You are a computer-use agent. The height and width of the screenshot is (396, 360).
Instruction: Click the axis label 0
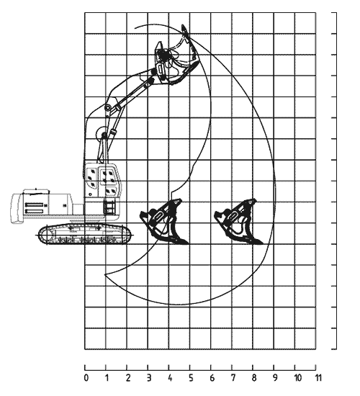(86, 378)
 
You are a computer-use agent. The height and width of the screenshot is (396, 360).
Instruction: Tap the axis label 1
(107, 378)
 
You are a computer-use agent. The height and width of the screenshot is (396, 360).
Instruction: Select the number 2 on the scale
(128, 378)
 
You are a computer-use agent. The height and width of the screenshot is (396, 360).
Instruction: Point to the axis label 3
(149, 378)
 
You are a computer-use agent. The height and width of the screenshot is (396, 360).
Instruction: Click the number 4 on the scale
(170, 378)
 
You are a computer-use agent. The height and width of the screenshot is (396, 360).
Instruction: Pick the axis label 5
(192, 378)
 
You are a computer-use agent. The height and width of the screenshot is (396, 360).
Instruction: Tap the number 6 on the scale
(212, 378)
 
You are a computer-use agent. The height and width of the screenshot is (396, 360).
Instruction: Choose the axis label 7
(233, 378)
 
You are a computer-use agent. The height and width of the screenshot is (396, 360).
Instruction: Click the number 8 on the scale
(254, 378)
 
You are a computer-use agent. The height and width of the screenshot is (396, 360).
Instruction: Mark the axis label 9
(275, 378)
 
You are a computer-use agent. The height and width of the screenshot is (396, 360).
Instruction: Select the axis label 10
(298, 378)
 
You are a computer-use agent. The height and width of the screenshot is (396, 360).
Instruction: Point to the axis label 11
(318, 378)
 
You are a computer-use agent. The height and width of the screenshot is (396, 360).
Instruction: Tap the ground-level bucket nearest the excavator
(164, 222)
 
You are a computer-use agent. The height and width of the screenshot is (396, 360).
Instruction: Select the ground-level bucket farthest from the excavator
(239, 222)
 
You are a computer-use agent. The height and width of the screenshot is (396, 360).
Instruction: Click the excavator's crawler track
(85, 235)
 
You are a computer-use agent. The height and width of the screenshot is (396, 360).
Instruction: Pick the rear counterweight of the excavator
(17, 208)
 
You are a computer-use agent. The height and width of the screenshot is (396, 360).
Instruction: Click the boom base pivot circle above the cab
(102, 132)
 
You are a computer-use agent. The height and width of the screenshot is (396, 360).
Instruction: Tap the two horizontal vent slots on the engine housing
(35, 207)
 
